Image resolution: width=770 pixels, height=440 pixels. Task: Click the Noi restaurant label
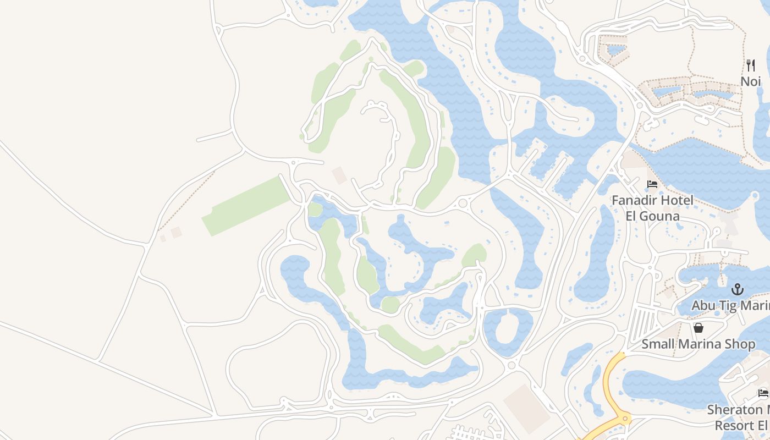tap(750, 81)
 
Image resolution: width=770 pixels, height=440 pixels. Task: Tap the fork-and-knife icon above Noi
tap(751, 65)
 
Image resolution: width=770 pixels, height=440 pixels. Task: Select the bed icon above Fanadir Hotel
tap(652, 184)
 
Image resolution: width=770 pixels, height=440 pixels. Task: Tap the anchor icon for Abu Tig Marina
tap(737, 289)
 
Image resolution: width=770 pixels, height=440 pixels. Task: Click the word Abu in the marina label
tap(704, 305)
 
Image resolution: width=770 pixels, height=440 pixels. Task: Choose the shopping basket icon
tap(698, 328)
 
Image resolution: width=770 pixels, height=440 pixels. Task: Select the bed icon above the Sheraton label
tap(763, 393)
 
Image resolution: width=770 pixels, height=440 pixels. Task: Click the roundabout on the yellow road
tap(625, 419)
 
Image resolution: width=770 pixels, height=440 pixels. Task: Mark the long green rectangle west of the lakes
tap(246, 206)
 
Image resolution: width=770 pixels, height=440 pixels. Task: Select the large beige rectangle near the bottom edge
tap(526, 408)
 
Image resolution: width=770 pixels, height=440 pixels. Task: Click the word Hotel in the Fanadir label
tap(678, 200)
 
